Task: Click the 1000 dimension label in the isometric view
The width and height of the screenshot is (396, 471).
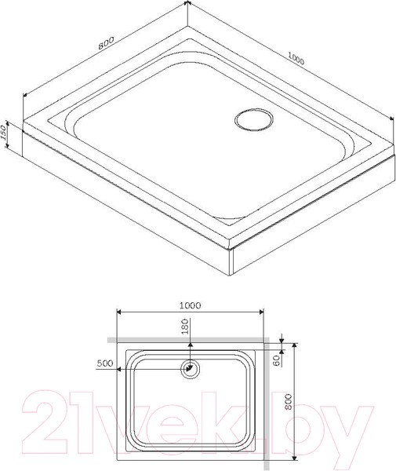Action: click(x=296, y=59)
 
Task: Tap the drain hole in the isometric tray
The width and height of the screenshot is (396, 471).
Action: click(x=253, y=119)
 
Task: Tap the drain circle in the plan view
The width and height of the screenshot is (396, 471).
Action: click(x=189, y=368)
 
